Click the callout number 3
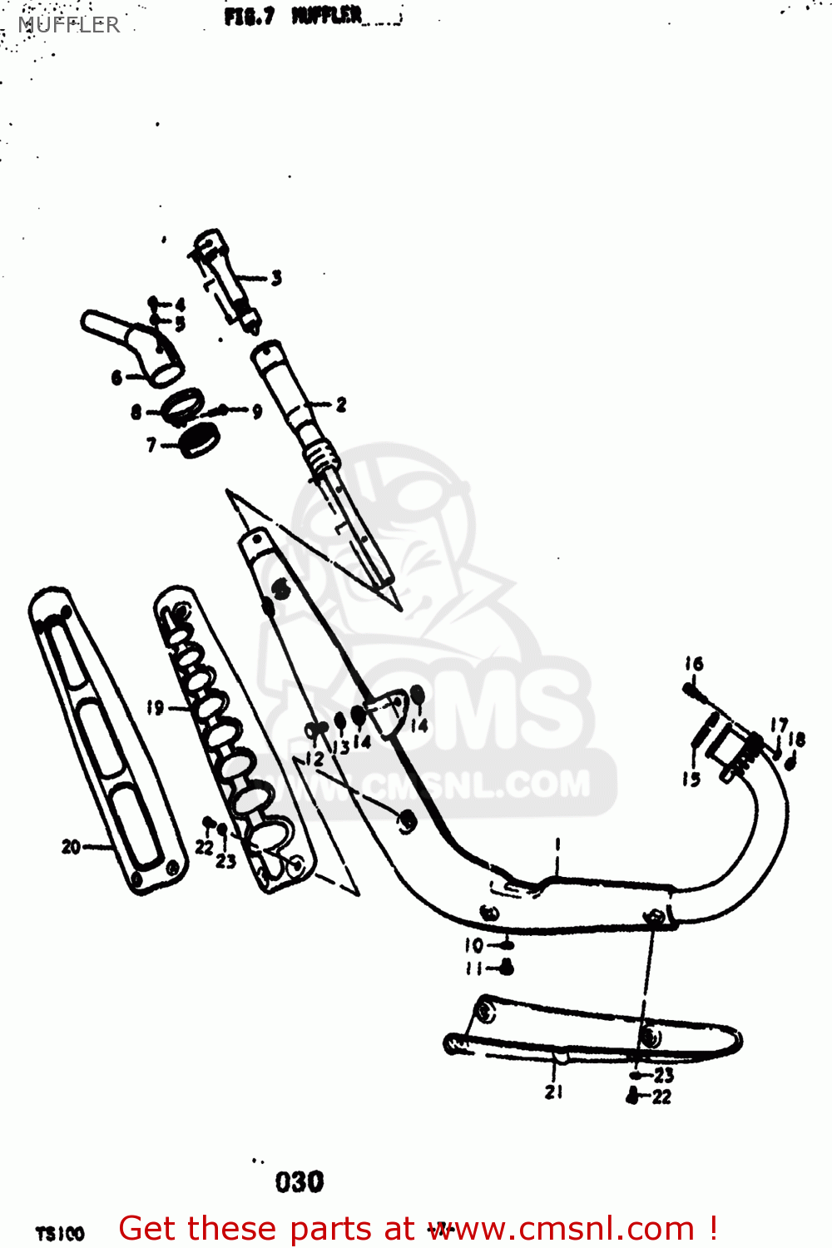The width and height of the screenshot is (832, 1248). pyautogui.click(x=276, y=278)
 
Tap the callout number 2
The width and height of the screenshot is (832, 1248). pyautogui.click(x=340, y=405)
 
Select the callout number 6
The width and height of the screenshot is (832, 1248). pyautogui.click(x=117, y=378)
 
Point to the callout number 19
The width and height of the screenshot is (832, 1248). pyautogui.click(x=155, y=708)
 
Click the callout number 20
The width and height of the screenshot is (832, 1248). pyautogui.click(x=71, y=847)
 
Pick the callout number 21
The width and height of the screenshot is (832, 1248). pyautogui.click(x=554, y=1092)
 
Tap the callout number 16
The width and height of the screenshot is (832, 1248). pyautogui.click(x=694, y=664)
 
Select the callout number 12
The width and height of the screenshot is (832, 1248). pyautogui.click(x=314, y=759)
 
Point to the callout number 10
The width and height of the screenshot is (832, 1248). pyautogui.click(x=473, y=945)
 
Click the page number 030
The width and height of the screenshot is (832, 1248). pyautogui.click(x=300, y=1181)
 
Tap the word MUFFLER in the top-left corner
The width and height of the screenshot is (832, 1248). pyautogui.click(x=69, y=25)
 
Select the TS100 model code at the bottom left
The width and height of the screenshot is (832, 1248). pyautogui.click(x=60, y=1233)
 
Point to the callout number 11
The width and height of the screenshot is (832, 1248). pyautogui.click(x=473, y=968)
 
